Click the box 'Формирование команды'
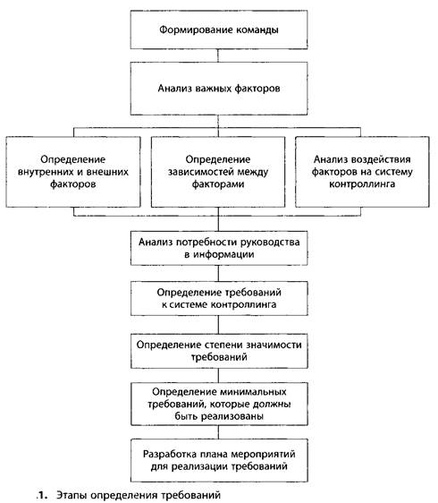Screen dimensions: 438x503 tap(219, 30)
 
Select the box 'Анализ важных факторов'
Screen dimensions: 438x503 tap(219, 89)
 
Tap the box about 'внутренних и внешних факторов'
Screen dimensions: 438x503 tap(73, 172)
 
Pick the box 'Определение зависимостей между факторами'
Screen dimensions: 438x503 tap(218, 172)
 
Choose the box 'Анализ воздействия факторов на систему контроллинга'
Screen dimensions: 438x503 tap(362, 172)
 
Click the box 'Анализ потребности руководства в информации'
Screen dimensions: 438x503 tap(219, 248)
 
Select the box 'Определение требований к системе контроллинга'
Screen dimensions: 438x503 tap(219, 298)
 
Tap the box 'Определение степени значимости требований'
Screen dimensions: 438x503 tap(219, 351)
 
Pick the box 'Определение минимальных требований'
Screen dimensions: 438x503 tap(219, 404)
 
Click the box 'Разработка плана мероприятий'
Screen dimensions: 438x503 tap(219, 460)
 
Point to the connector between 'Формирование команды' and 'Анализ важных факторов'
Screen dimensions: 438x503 tap(218, 55)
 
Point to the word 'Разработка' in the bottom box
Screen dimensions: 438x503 tap(170, 455)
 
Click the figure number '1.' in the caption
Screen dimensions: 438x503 tap(42, 495)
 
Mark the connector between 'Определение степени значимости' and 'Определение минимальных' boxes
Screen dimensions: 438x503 tap(218, 375)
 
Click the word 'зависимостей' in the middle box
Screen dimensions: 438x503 tap(198, 172)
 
